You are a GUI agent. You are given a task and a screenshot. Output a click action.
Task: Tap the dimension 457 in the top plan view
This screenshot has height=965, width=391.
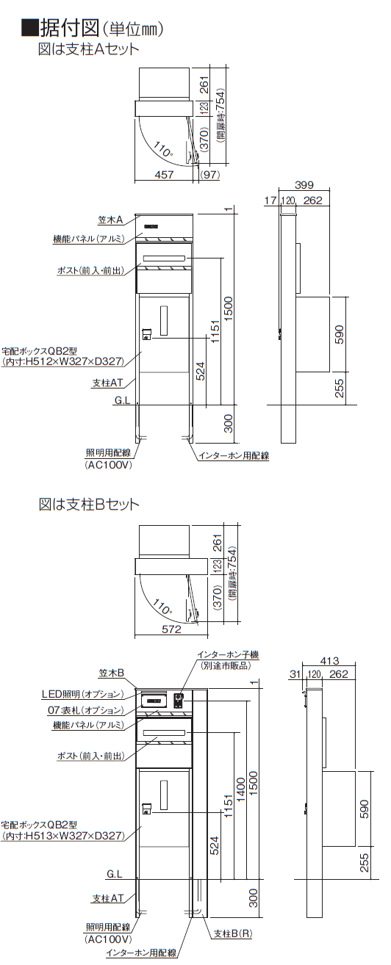(x=164, y=175)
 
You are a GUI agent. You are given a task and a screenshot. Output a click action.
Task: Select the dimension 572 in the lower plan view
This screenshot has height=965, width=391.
(x=171, y=629)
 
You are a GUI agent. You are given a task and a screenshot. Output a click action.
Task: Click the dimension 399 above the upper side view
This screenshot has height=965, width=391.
(x=304, y=185)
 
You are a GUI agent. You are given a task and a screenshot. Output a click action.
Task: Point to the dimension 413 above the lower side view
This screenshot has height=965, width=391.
(x=329, y=660)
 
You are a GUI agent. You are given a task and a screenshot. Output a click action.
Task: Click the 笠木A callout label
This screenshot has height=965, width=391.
(x=111, y=220)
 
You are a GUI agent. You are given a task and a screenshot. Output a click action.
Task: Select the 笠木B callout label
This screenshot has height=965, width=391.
(x=112, y=673)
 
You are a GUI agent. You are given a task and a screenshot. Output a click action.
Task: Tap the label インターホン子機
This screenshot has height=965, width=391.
(x=228, y=654)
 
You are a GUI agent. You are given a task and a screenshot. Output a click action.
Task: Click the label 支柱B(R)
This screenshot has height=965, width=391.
(x=233, y=933)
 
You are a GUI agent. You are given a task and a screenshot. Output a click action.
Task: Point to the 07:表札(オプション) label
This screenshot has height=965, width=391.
(x=85, y=709)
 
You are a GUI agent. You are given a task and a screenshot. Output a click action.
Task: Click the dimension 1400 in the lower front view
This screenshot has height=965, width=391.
(x=241, y=787)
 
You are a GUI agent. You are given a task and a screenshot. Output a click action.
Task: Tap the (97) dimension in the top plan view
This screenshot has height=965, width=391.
(x=210, y=175)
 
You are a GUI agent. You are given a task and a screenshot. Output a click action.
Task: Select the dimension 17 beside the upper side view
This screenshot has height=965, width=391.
(x=270, y=200)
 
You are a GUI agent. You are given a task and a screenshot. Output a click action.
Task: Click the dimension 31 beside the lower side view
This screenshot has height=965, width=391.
(x=295, y=673)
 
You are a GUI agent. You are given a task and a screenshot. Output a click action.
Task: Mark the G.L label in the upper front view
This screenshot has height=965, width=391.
(x=122, y=401)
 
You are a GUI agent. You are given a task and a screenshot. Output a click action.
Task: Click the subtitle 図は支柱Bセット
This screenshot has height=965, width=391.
(x=89, y=504)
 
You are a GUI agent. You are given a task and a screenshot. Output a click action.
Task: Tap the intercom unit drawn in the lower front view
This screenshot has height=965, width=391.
(x=178, y=701)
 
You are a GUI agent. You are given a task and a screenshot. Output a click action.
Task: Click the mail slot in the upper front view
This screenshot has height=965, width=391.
(x=164, y=258)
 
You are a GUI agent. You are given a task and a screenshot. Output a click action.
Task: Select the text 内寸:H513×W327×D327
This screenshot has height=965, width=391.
(x=63, y=836)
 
